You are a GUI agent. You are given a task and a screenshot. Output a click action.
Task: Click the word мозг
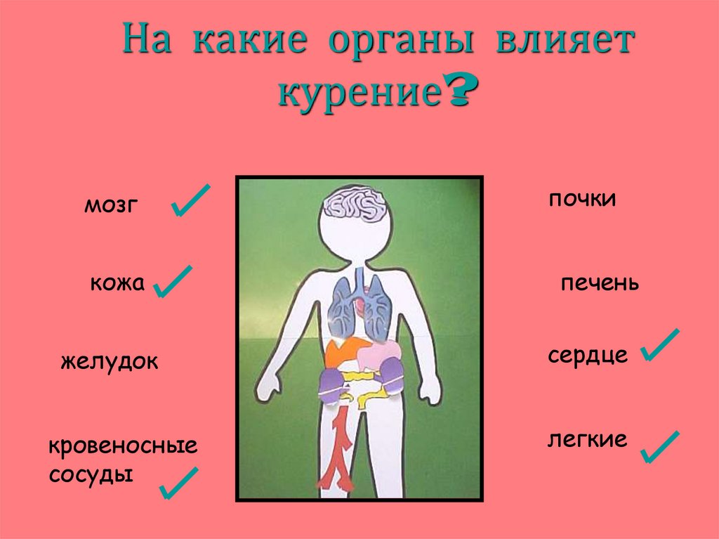pos(108,206)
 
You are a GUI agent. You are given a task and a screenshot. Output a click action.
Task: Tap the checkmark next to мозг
pos(190,202)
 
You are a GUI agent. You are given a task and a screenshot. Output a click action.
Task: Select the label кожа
pos(117,284)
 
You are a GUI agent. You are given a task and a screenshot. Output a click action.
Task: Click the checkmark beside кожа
pos(173,282)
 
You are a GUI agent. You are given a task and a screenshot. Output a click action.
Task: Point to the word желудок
pos(110,363)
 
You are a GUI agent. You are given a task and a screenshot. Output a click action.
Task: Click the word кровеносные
pos(123,447)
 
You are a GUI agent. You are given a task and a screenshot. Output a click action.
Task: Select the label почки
pos(582,200)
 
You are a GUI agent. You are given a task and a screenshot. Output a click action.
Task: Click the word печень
pos(600,284)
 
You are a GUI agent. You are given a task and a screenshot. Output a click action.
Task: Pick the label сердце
pos(588,355)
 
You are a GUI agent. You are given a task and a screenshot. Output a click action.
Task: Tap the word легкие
pos(587,440)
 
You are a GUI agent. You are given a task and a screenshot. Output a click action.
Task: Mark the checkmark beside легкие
pos(659,448)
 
